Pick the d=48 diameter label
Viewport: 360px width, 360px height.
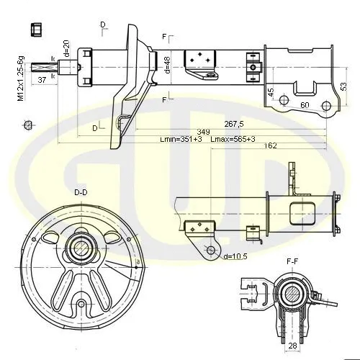[x=167, y=65]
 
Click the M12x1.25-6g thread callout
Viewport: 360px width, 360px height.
[x=21, y=77]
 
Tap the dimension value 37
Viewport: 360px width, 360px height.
[x=42, y=80]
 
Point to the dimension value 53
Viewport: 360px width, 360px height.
[x=344, y=86]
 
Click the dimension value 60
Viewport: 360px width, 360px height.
[x=305, y=106]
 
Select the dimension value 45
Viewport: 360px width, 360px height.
[x=271, y=92]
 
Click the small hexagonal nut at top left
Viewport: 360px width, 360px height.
[x=35, y=30]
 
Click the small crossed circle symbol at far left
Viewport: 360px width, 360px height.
[x=28, y=126]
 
